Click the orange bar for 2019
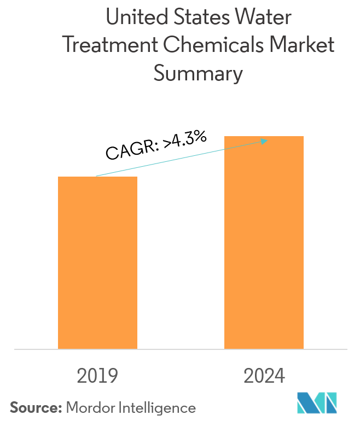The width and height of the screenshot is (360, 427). pos(97,262)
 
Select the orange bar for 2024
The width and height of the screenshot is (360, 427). pos(264,242)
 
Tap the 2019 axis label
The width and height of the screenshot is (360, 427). pos(97,376)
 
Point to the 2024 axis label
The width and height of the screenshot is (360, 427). pos(264,376)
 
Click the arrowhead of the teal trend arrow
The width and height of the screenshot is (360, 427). pos(264,142)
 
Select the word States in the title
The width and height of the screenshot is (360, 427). pos(208,18)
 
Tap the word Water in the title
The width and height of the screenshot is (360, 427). pos(268,18)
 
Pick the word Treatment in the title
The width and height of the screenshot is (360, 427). pos(102,46)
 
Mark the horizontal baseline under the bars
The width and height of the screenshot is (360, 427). pos(181,349)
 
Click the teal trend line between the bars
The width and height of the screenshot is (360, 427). pos(181,159)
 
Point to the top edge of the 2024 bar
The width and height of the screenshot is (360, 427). pos(264,137)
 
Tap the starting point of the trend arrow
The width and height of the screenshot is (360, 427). pos(96,176)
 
